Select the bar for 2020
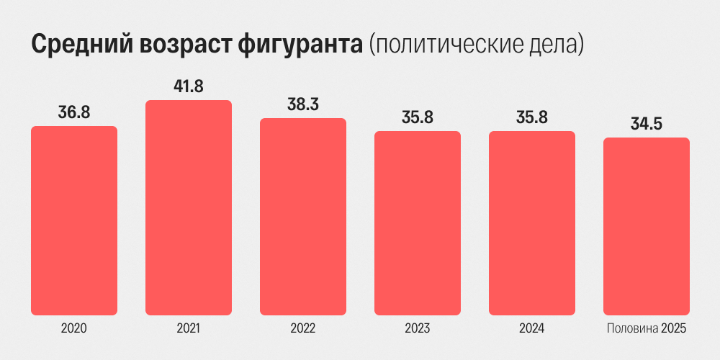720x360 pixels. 74,220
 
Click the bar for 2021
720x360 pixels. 189,207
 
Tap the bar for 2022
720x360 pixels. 303,217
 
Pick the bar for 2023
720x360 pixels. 418,223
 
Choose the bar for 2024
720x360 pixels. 532,223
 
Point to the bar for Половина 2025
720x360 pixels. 647,226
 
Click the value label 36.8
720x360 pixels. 74,112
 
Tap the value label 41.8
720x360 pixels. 189,86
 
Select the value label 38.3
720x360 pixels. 303,104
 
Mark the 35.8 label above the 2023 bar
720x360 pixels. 418,117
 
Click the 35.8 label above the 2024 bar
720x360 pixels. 532,117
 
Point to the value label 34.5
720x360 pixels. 647,124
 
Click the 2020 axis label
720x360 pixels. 74,329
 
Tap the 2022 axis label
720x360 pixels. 303,329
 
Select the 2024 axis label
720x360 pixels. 532,329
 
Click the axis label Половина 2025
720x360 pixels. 647,329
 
